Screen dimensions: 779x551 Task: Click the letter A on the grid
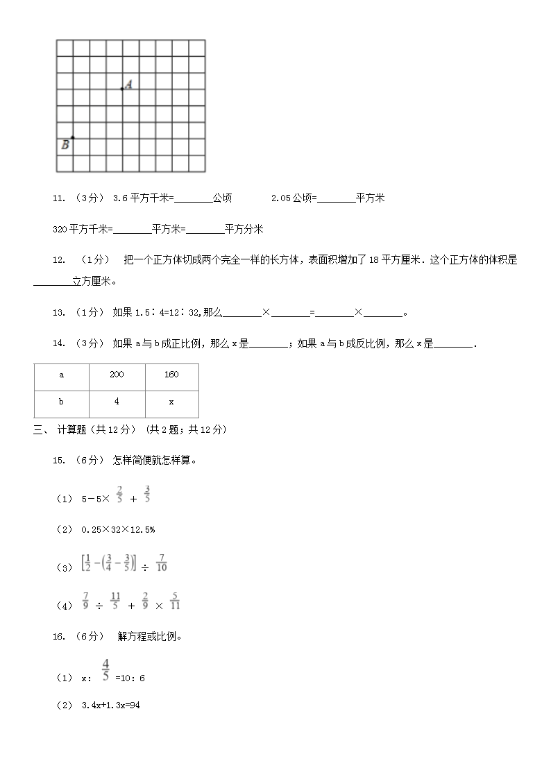click(129, 84)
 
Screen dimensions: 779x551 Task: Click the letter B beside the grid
click(65, 145)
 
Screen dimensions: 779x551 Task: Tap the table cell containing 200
click(117, 375)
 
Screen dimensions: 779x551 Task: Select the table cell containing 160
click(171, 375)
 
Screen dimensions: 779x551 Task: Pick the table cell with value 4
click(117, 402)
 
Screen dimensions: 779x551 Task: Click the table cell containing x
click(171, 402)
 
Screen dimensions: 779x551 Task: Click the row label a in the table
click(61, 375)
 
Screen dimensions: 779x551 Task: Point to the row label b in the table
click(61, 402)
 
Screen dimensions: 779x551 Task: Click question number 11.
click(59, 198)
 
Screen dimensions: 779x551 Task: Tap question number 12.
click(59, 260)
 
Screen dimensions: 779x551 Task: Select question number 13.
click(59, 313)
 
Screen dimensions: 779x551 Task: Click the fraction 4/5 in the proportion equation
click(105, 669)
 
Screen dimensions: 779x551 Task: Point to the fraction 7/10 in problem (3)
click(162, 562)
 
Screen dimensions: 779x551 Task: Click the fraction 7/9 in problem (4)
click(85, 600)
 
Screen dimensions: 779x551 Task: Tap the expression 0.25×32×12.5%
click(118, 529)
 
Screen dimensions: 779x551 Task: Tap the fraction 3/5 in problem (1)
click(147, 494)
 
